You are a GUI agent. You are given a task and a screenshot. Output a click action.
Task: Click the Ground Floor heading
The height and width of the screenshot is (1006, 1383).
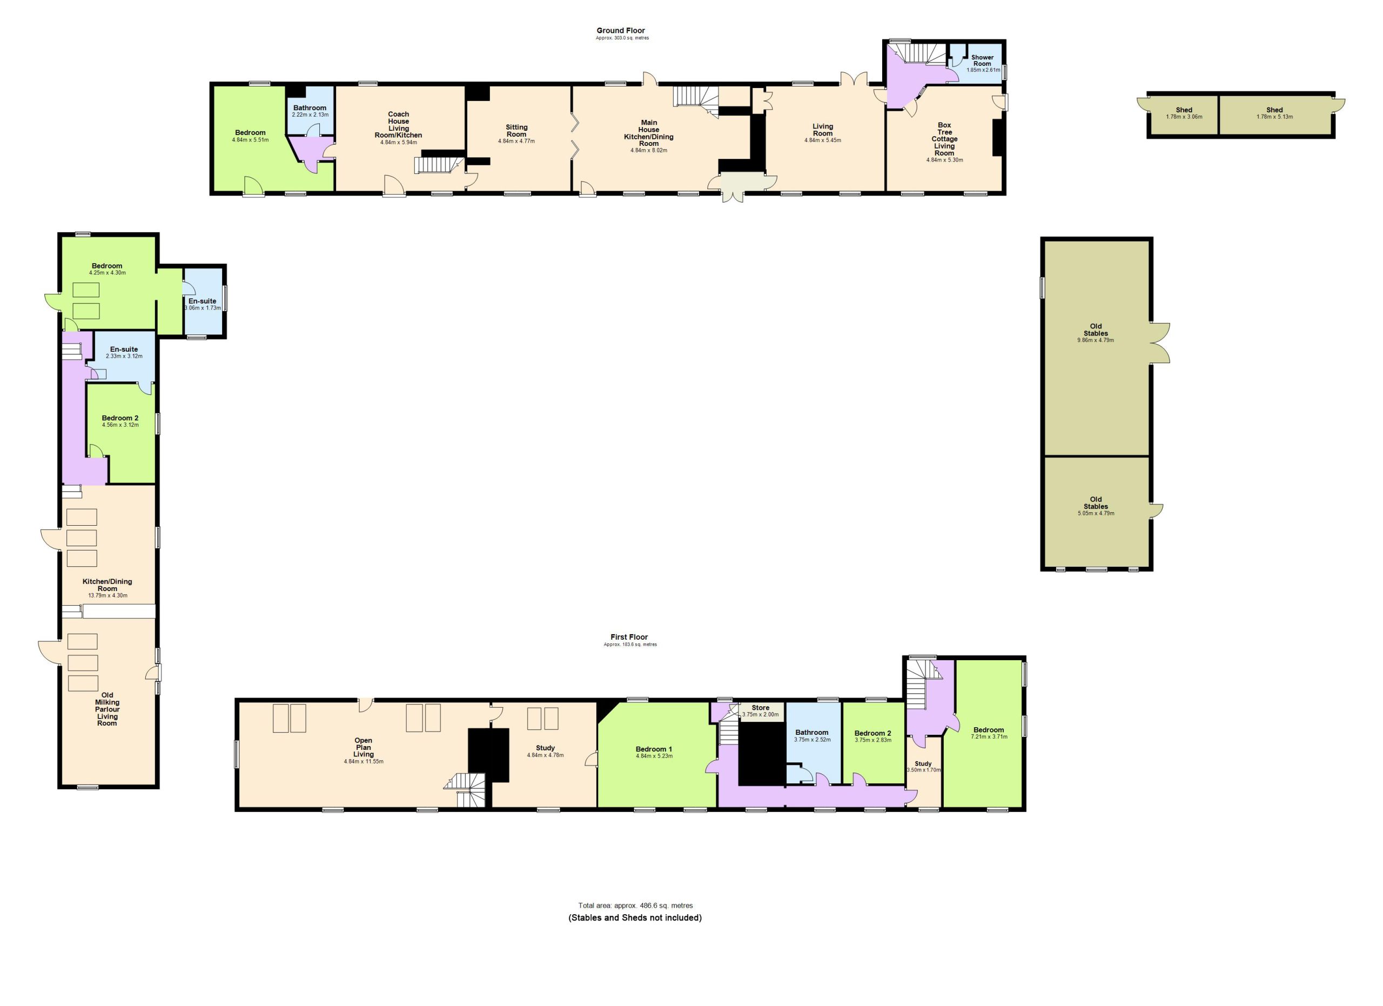pyautogui.click(x=620, y=30)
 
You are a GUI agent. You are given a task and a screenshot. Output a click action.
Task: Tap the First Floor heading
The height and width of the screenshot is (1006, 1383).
pyautogui.click(x=629, y=637)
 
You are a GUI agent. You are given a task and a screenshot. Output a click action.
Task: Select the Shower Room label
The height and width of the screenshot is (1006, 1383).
pyautogui.click(x=982, y=61)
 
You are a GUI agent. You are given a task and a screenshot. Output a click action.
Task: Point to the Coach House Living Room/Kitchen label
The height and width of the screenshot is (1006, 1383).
pyautogui.click(x=399, y=124)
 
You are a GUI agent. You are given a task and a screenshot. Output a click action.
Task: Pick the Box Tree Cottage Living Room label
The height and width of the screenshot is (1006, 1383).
pyautogui.click(x=944, y=139)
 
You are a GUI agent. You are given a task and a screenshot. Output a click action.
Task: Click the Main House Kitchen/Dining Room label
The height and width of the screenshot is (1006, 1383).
pyautogui.click(x=649, y=133)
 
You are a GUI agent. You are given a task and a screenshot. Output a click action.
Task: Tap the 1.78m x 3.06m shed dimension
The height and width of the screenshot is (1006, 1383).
pyautogui.click(x=1184, y=117)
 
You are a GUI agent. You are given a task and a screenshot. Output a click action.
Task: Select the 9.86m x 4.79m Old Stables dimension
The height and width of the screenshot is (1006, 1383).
pyautogui.click(x=1096, y=340)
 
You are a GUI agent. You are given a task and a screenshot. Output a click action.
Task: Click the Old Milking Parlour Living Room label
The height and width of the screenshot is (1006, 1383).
pyautogui.click(x=108, y=709)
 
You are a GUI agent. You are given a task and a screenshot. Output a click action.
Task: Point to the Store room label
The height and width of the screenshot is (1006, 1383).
pyautogui.click(x=761, y=708)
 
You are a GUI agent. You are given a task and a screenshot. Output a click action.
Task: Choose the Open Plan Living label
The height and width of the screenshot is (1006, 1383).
pyautogui.click(x=364, y=748)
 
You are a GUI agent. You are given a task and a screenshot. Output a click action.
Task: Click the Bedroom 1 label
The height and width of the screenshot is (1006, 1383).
pyautogui.click(x=654, y=749)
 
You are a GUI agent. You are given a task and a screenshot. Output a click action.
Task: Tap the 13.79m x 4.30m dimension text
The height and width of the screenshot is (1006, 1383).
pyautogui.click(x=108, y=596)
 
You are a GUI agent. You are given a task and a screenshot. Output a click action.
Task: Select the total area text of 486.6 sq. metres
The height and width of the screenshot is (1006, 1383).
pyautogui.click(x=635, y=906)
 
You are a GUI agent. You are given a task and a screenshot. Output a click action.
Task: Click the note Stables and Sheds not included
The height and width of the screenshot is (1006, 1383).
pyautogui.click(x=635, y=917)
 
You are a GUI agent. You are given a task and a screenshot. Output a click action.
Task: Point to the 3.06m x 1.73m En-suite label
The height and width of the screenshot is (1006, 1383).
pyautogui.click(x=203, y=305)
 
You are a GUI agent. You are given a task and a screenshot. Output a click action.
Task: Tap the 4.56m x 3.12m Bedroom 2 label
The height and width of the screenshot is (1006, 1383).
pyautogui.click(x=120, y=421)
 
